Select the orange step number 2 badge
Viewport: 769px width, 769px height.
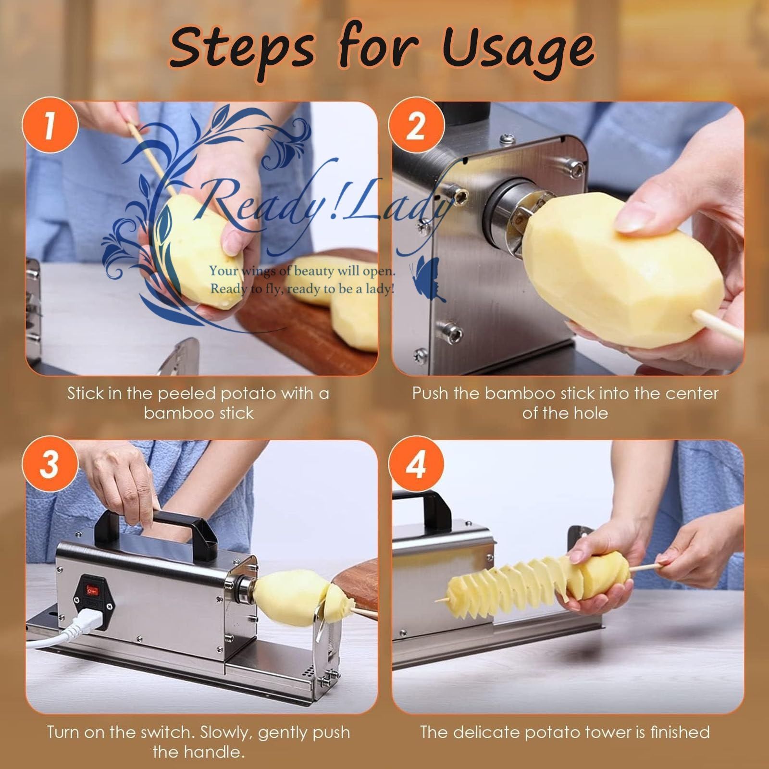[x=416, y=126]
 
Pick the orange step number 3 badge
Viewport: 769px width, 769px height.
[x=50, y=465]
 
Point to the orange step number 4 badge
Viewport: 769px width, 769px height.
[x=416, y=465]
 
